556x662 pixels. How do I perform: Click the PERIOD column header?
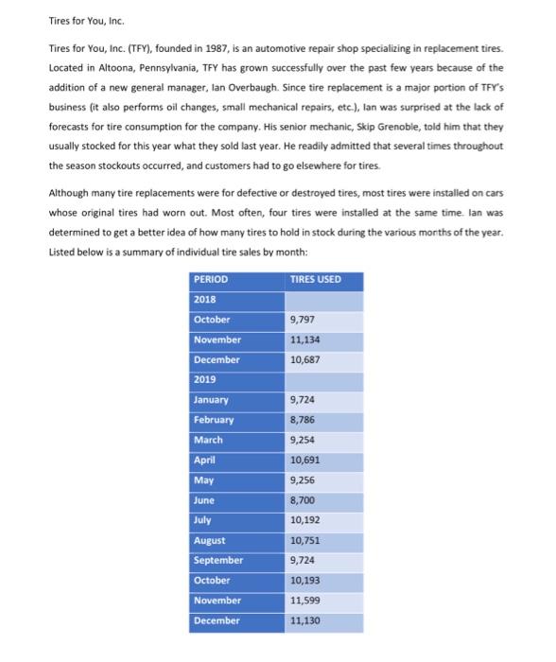point(211,280)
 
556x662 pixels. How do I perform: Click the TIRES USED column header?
point(316,280)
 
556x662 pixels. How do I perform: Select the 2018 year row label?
point(204,300)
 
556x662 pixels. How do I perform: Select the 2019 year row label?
point(204,379)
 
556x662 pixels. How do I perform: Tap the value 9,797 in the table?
point(303,320)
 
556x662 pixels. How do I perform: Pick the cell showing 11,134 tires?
point(304,340)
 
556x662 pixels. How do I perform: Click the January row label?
point(211,399)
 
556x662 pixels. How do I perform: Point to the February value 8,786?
point(303,419)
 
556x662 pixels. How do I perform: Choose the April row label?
point(204,460)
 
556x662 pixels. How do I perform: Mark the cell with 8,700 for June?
point(303,499)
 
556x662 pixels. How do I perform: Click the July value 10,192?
point(304,520)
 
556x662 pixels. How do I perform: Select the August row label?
point(209,540)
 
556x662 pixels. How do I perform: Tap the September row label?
point(217,560)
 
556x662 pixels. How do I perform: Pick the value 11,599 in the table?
point(304,601)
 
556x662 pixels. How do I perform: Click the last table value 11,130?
point(304,620)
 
